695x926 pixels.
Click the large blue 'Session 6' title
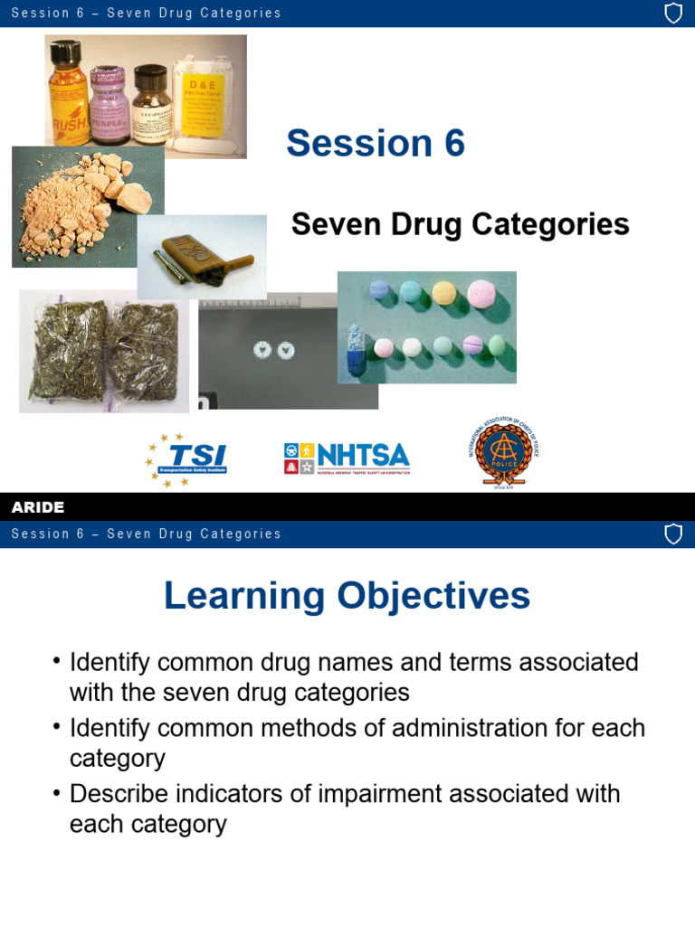(376, 143)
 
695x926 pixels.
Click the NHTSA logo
(347, 458)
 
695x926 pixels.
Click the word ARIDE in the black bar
(38, 507)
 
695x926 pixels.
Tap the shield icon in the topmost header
(673, 14)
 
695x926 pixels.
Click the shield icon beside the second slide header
(673, 534)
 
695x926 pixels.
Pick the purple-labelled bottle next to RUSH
(108, 105)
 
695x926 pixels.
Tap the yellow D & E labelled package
(209, 99)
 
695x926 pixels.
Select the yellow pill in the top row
(443, 291)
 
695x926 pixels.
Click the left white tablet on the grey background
(263, 349)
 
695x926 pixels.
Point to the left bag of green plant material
(65, 352)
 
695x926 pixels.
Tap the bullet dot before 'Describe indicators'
(57, 794)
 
